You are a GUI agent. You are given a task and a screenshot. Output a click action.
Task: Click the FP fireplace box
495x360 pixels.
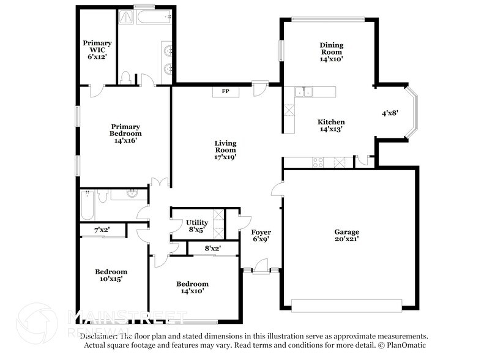click(x=225, y=92)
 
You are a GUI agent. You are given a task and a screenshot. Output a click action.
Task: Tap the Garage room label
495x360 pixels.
click(x=346, y=236)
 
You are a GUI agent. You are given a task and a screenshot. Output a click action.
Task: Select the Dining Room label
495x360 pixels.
click(x=331, y=52)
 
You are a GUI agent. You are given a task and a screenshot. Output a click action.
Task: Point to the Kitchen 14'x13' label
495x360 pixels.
click(x=332, y=126)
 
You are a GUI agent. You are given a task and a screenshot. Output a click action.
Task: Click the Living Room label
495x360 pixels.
click(x=225, y=150)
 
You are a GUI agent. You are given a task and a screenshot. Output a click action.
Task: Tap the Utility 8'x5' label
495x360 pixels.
click(x=196, y=226)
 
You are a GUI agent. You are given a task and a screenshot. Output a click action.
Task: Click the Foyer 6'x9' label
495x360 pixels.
click(x=261, y=236)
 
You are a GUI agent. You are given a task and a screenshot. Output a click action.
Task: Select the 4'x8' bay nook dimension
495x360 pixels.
click(x=390, y=113)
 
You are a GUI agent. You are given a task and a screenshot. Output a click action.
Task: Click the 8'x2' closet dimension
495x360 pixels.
click(x=212, y=248)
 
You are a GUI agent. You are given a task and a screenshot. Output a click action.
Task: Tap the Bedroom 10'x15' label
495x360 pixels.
click(x=111, y=276)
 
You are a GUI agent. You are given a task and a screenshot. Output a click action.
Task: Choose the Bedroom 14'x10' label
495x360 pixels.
click(x=192, y=287)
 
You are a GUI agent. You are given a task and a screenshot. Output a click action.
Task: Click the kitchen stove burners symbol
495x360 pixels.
click(x=319, y=163)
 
